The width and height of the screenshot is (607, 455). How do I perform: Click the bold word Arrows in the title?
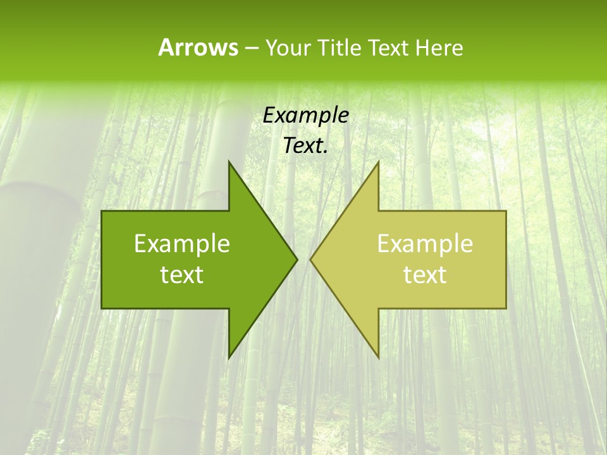pyautogui.click(x=198, y=47)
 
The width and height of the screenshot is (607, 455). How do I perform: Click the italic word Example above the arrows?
pyautogui.click(x=306, y=116)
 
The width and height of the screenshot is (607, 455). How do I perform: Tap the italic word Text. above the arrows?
pyautogui.click(x=306, y=146)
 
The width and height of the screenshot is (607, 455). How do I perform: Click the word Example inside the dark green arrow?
pyautogui.click(x=182, y=244)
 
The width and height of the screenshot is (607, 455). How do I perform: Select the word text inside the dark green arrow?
pyautogui.click(x=182, y=275)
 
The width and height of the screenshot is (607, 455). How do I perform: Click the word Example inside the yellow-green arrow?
pyautogui.click(x=425, y=244)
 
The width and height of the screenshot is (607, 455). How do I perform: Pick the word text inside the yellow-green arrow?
pyautogui.click(x=425, y=275)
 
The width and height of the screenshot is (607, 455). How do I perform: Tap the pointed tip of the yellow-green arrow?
pyautogui.click(x=311, y=259)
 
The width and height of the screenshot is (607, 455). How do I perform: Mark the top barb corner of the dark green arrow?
pyautogui.click(x=229, y=162)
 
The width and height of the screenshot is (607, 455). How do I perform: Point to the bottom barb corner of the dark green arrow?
pyautogui.click(x=229, y=357)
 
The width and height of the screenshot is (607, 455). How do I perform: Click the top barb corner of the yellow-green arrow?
pyautogui.click(x=378, y=162)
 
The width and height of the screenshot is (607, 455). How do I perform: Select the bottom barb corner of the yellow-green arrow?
pyautogui.click(x=378, y=357)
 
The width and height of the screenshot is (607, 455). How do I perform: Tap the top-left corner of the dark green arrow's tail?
pyautogui.click(x=102, y=211)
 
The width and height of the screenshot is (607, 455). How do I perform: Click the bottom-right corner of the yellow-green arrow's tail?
pyautogui.click(x=505, y=308)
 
